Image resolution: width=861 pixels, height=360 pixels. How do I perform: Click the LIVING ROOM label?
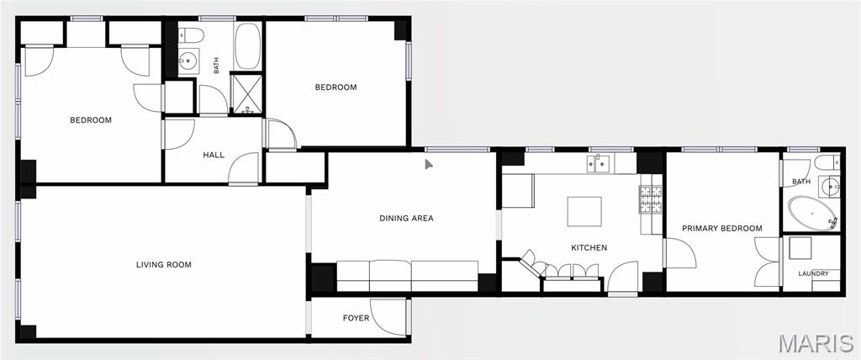164,265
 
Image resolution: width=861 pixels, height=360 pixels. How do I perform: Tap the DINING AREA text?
406,218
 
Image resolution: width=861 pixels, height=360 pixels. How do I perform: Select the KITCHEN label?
589,248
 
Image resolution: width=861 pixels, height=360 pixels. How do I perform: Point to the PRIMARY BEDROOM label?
722,228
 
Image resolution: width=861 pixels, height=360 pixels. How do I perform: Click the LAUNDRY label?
814,273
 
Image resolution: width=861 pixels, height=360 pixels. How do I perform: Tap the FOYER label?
356,318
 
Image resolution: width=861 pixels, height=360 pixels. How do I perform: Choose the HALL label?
214,155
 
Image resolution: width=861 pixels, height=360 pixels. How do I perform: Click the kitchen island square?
584,212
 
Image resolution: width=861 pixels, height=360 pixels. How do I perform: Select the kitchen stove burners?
651,199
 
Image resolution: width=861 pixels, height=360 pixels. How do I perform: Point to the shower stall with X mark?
246,93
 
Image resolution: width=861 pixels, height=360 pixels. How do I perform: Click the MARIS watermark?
816,343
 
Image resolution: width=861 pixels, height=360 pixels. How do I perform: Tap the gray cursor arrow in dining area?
429,164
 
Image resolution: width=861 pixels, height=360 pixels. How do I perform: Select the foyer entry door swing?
388,317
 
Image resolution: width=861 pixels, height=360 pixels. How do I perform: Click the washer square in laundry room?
801,248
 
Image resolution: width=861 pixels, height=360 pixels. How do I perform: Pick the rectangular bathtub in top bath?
248,46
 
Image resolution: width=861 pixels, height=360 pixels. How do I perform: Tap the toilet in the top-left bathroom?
191,36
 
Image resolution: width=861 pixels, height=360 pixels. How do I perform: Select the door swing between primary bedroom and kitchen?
679,253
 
